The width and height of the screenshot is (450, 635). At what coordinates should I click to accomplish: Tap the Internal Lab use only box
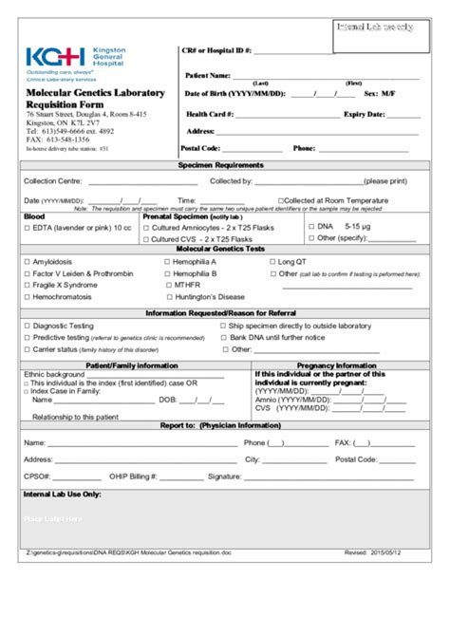374,28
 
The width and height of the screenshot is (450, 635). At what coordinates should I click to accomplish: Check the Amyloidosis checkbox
27,261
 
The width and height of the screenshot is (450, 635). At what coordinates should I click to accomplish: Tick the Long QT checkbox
272,261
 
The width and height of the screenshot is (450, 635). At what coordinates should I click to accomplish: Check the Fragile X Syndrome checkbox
27,285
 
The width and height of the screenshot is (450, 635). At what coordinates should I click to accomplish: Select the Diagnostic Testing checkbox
27,326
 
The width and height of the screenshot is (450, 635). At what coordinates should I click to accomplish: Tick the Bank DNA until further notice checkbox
223,337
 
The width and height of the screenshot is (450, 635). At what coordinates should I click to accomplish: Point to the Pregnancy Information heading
336,364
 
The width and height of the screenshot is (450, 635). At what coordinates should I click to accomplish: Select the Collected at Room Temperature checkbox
281,201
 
